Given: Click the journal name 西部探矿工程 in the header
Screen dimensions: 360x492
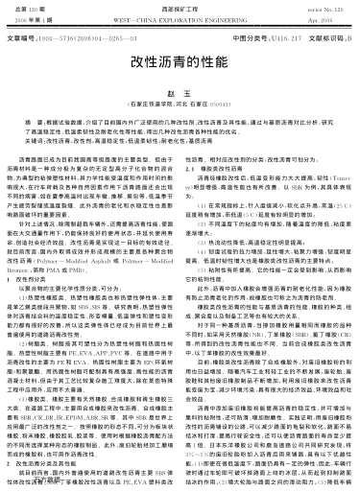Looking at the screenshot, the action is coord(180,6).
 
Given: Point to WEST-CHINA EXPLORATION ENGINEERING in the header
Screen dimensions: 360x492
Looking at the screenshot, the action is coord(180,17).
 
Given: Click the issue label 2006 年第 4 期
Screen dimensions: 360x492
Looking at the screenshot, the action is coord(31,17).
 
